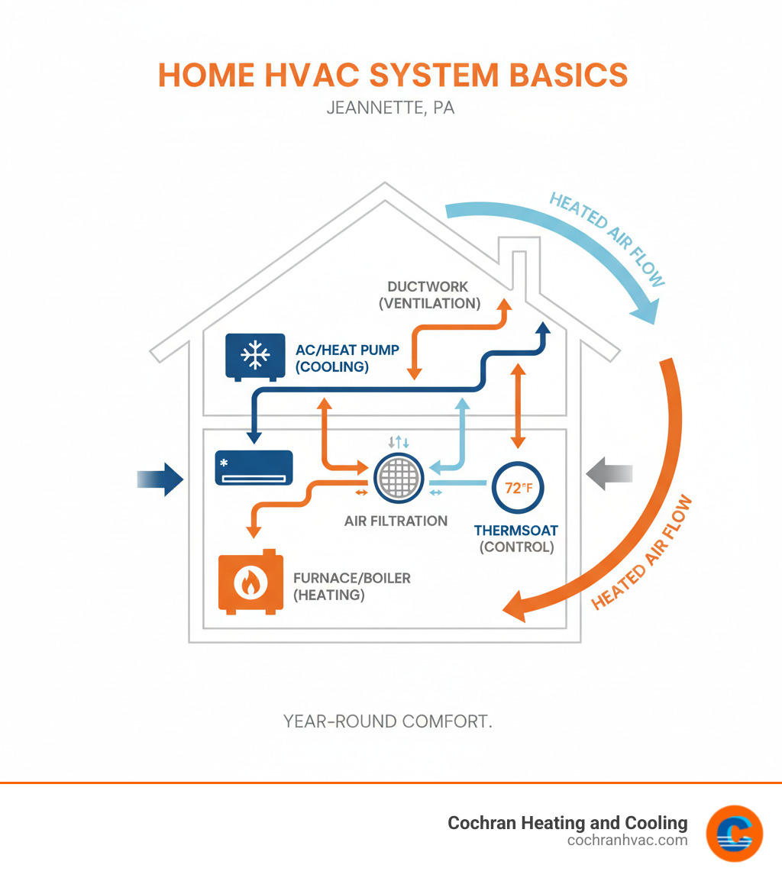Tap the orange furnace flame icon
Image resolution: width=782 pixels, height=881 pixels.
tap(250, 582)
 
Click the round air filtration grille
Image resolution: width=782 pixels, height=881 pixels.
tap(398, 478)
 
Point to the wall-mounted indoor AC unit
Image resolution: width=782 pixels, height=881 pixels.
tap(254, 467)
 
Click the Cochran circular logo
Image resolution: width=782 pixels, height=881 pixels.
tap(735, 833)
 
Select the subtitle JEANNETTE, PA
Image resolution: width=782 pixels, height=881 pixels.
tap(390, 108)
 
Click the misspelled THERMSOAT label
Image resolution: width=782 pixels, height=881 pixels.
tap(515, 530)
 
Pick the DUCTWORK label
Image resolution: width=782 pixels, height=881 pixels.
tap(428, 287)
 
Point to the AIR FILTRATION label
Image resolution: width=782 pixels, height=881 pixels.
tap(396, 521)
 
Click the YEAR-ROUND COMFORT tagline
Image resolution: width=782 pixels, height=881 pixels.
tap(387, 721)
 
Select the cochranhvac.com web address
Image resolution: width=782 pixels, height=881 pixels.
tap(628, 840)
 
